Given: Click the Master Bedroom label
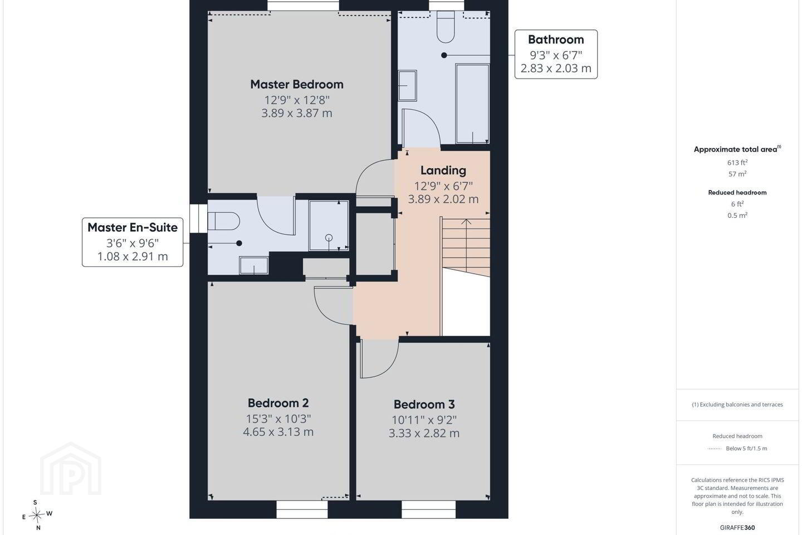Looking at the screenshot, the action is point(297,85).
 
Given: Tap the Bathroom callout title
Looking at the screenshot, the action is point(556,40).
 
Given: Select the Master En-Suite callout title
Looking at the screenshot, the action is point(133,227).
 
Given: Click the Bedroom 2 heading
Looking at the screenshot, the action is point(278,403).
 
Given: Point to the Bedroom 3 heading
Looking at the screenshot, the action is point(424,405).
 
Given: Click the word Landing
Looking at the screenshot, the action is point(443,171).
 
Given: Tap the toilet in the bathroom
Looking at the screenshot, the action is point(446,27).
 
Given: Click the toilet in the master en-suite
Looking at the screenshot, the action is point(223,221).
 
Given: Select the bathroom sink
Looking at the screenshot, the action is point(408,86).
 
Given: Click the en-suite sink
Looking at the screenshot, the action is point(253,265).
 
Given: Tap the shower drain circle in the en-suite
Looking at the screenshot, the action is point(329,237).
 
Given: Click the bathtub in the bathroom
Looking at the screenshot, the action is point(472,104).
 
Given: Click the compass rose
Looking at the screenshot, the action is point(37,515).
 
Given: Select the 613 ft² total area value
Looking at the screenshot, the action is point(737,162).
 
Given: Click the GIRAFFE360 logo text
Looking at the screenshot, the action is point(737,527).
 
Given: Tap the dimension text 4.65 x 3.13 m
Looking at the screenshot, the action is point(278,432).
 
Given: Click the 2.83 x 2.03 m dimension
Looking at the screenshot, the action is point(556,68).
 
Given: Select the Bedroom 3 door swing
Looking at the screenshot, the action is point(379,359).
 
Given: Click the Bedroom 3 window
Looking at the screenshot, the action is point(428,509).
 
